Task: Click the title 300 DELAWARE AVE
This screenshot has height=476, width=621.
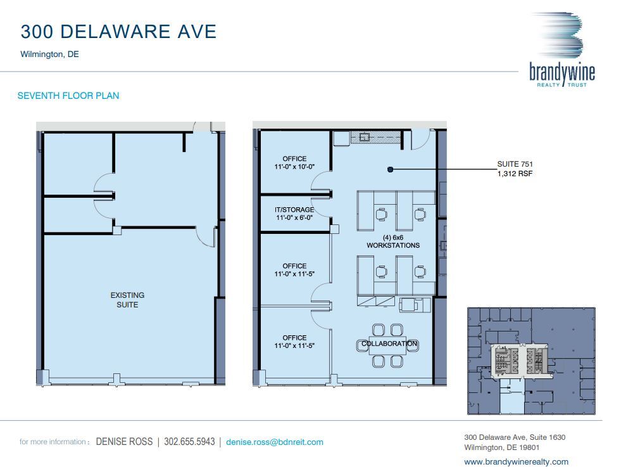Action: pos(118,32)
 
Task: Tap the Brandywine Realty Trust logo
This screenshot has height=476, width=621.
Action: pos(562,51)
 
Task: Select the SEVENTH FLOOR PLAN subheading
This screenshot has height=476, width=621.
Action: pos(68,96)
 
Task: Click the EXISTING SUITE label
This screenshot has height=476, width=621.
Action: pos(127,300)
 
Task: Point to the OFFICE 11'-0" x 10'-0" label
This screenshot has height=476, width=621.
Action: pos(294,163)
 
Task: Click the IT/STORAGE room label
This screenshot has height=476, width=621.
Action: pos(294,214)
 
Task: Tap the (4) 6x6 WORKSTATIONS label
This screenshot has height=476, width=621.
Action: pos(392,241)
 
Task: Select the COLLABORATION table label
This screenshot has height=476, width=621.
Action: pos(389,344)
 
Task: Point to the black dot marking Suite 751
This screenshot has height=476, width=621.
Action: pos(391,169)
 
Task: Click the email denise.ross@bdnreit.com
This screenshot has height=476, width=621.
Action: pos(274,442)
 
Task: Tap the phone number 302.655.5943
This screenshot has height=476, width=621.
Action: pos(189,442)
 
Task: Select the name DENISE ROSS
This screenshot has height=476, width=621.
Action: pos(123,442)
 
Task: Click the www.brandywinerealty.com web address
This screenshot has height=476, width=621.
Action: pos(516,461)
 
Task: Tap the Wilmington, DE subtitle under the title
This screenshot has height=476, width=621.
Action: pos(49,55)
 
